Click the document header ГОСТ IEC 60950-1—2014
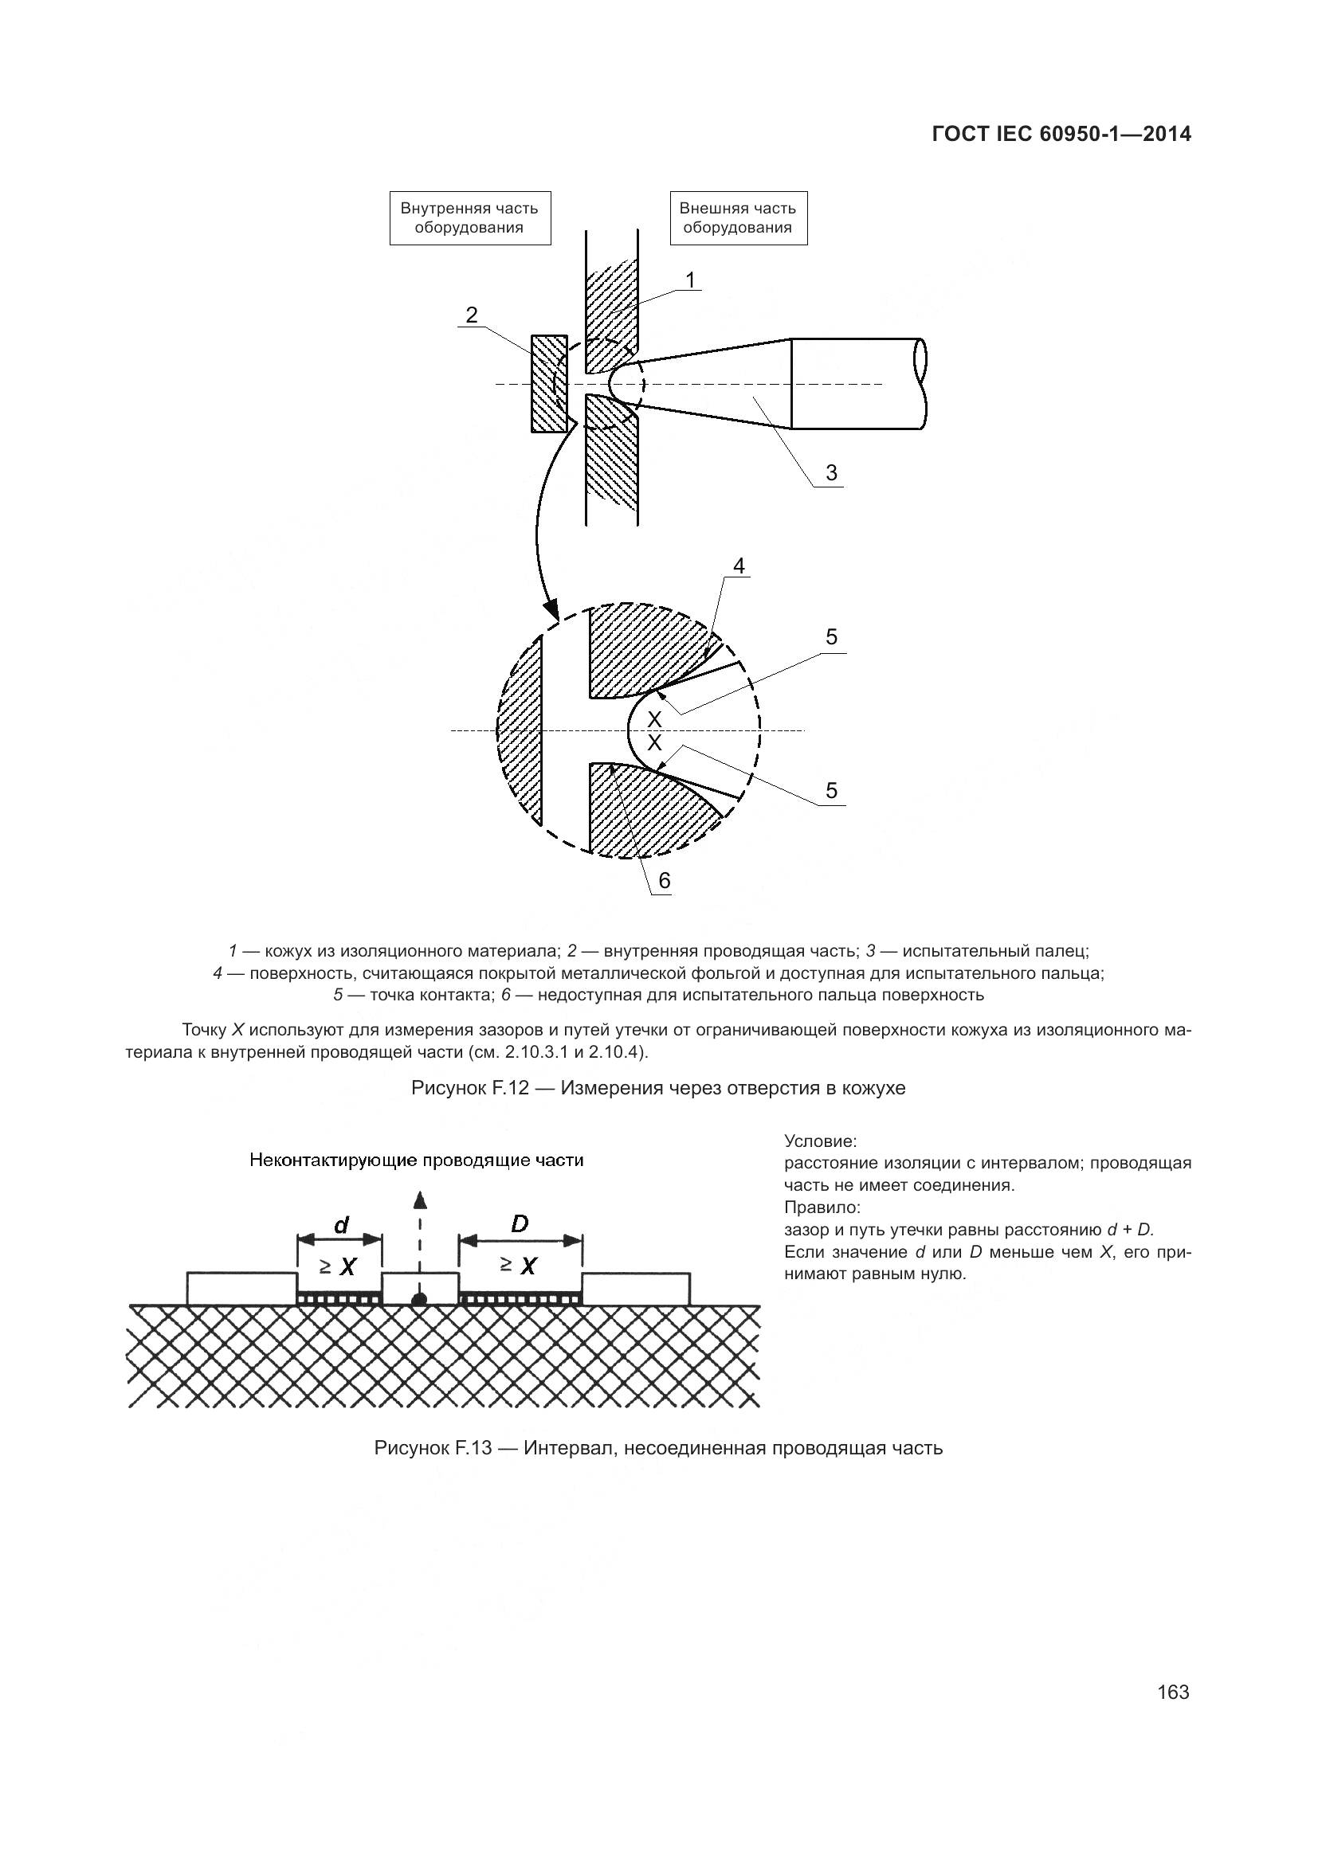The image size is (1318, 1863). pyautogui.click(x=1061, y=135)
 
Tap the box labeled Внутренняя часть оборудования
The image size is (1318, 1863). pyautogui.click(x=470, y=217)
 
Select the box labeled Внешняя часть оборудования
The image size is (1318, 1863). pyautogui.click(x=738, y=217)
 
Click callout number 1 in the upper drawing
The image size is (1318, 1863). pyautogui.click(x=690, y=280)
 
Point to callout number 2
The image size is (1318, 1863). pyautogui.click(x=472, y=315)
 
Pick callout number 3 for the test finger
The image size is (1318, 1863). pyautogui.click(x=831, y=472)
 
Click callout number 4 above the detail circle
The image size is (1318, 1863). pyautogui.click(x=739, y=566)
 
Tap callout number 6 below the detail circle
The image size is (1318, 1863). pyautogui.click(x=664, y=880)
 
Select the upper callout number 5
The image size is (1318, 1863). pyautogui.click(x=831, y=638)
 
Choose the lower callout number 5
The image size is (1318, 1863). pyautogui.click(x=831, y=790)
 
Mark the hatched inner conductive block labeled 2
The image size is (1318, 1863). pyautogui.click(x=548, y=383)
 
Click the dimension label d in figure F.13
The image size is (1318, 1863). pyautogui.click(x=342, y=1225)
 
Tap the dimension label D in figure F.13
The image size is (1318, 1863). pyautogui.click(x=520, y=1223)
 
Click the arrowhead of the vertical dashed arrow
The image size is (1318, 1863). pyautogui.click(x=419, y=1200)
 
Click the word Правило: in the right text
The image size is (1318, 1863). pyautogui.click(x=822, y=1207)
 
